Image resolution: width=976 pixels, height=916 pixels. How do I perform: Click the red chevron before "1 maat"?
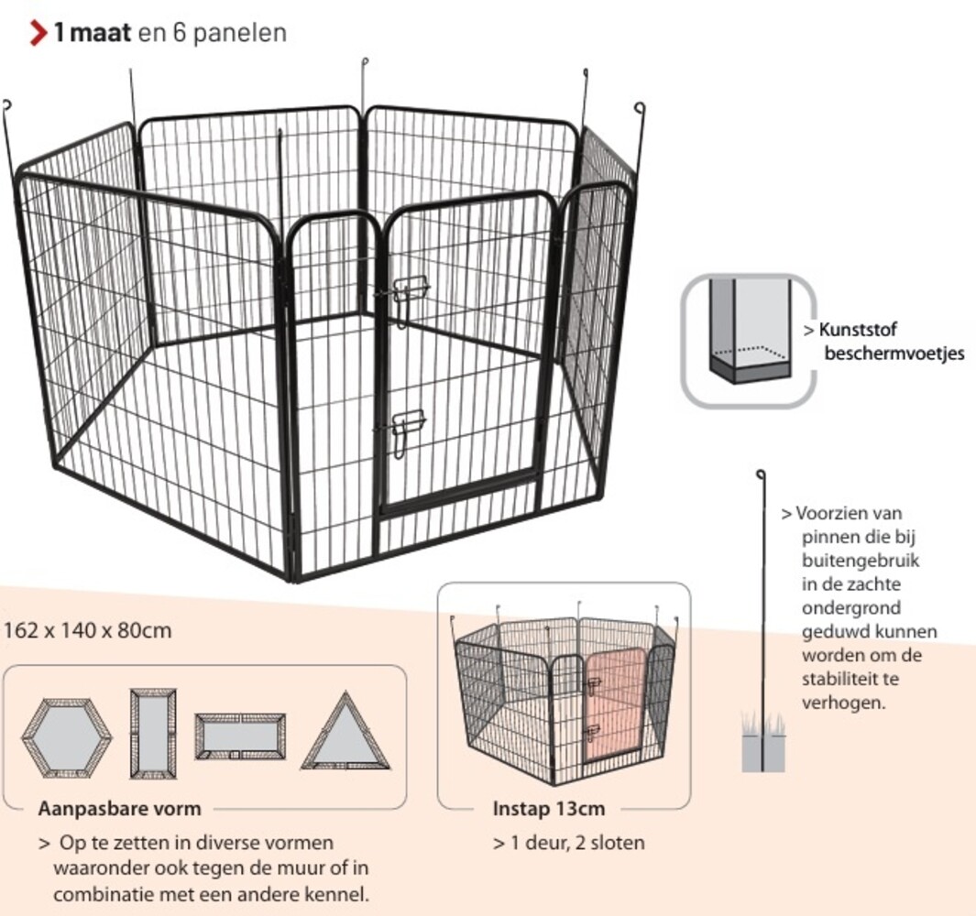click(38, 34)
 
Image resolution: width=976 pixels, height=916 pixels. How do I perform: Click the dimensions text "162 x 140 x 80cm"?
click(88, 631)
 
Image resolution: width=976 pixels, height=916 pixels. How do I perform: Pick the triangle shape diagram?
click(345, 734)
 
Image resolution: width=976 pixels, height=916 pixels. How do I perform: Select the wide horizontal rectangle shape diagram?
click(239, 736)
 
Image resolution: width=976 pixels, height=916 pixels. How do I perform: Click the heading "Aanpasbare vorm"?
click(119, 809)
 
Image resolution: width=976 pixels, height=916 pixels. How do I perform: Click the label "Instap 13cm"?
click(548, 809)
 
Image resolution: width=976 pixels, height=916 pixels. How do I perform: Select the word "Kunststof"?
click(857, 330)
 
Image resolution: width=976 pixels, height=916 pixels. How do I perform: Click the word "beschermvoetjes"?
click(894, 353)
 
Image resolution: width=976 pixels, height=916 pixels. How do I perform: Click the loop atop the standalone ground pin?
click(760, 474)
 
